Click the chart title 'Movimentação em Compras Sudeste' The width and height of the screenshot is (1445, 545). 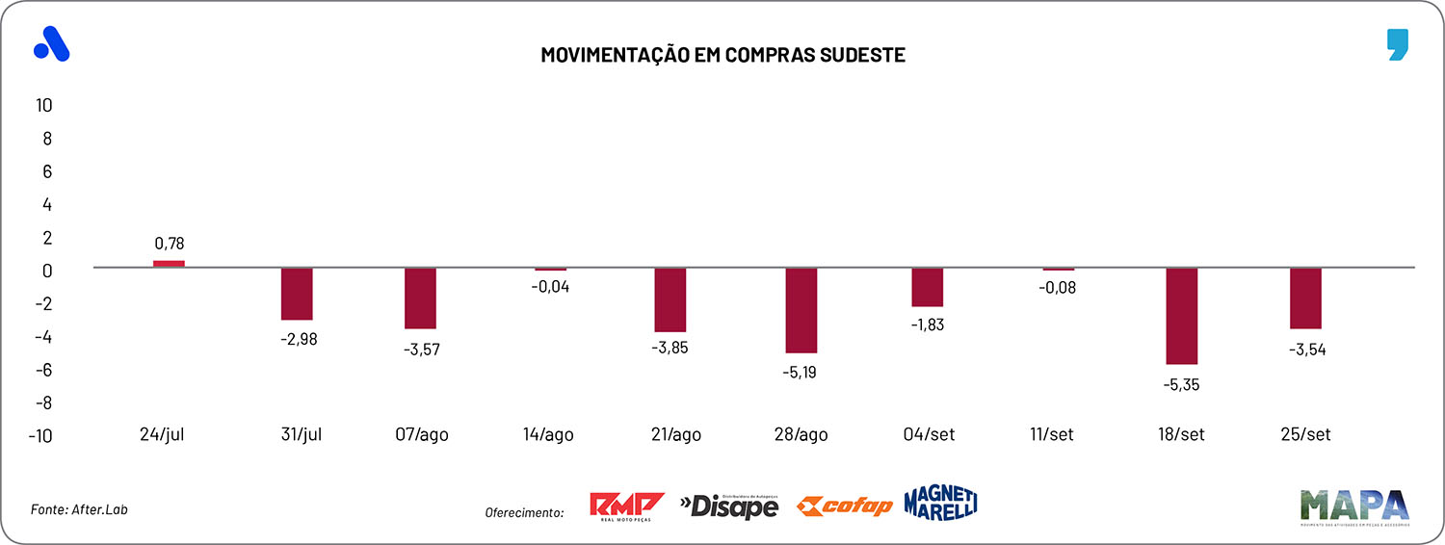pyautogui.click(x=722, y=55)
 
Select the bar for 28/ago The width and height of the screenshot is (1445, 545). pyautogui.click(x=801, y=310)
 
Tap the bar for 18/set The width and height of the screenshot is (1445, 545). pyautogui.click(x=1181, y=316)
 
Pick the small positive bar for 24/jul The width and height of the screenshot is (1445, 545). pyautogui.click(x=169, y=264)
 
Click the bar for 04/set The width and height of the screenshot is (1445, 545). pyautogui.click(x=928, y=287)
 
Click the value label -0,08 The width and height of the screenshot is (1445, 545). pyautogui.click(x=1058, y=287)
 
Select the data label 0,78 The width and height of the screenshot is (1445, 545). pyautogui.click(x=169, y=244)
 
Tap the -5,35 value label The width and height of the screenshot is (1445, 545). pyautogui.click(x=1181, y=384)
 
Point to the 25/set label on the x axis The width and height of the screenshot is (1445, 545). pyautogui.click(x=1305, y=434)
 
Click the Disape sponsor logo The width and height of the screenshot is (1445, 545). pyautogui.click(x=729, y=505)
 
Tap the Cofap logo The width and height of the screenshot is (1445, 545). pyautogui.click(x=845, y=506)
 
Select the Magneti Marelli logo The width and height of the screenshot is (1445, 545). pyautogui.click(x=940, y=503)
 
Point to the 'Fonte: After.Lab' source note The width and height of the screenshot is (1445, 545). pyautogui.click(x=80, y=509)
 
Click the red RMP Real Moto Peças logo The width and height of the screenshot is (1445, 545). pyautogui.click(x=626, y=506)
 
